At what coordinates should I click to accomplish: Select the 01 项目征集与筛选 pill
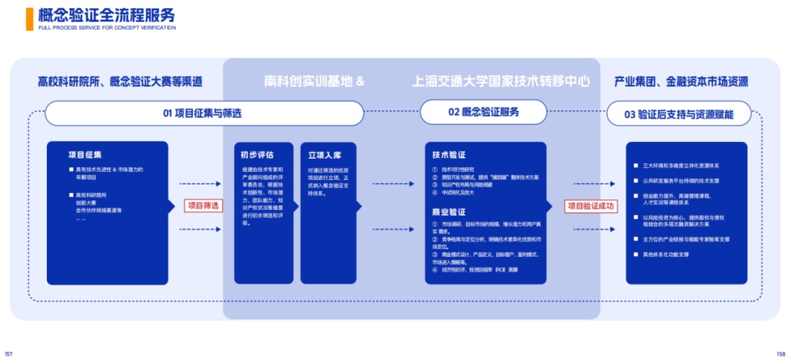pos(203,113)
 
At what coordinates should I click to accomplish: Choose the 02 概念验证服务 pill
pos(484,112)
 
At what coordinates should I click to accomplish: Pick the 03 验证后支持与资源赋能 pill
pos(678,114)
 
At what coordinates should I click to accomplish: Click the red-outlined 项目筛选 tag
pos(203,206)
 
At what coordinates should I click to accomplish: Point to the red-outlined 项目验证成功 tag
pos(591,206)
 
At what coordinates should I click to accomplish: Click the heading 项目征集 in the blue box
pos(85,154)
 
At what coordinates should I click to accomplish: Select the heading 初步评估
pos(257,155)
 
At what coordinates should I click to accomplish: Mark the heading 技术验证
pos(449,155)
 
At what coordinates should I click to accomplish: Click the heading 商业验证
pos(449,211)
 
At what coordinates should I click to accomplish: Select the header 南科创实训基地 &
pos(314,81)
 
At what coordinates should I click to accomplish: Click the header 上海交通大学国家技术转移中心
pos(501,81)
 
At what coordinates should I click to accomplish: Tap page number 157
pos(9,353)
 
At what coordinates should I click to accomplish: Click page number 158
pos(780,353)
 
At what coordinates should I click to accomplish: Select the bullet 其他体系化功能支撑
pos(666,255)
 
